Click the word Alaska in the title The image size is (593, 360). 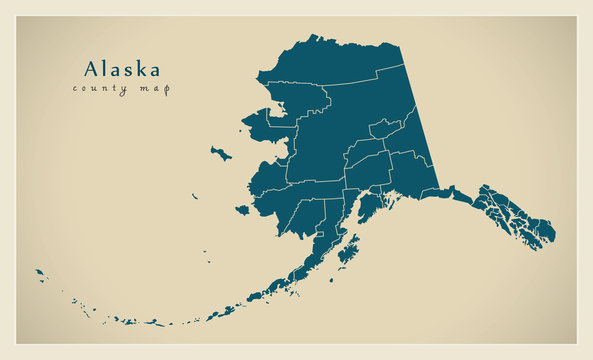pos(122,69)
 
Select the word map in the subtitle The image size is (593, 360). pos(152,88)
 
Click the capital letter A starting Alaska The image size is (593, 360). pos(92,69)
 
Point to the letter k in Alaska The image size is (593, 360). pos(141,69)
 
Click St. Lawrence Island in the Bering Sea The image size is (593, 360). pos(221,153)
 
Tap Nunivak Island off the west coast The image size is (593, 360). pos(242,210)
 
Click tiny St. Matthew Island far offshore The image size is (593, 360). pos(194,197)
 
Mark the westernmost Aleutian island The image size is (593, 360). pos(39,271)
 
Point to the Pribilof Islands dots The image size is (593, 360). pos(206,255)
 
